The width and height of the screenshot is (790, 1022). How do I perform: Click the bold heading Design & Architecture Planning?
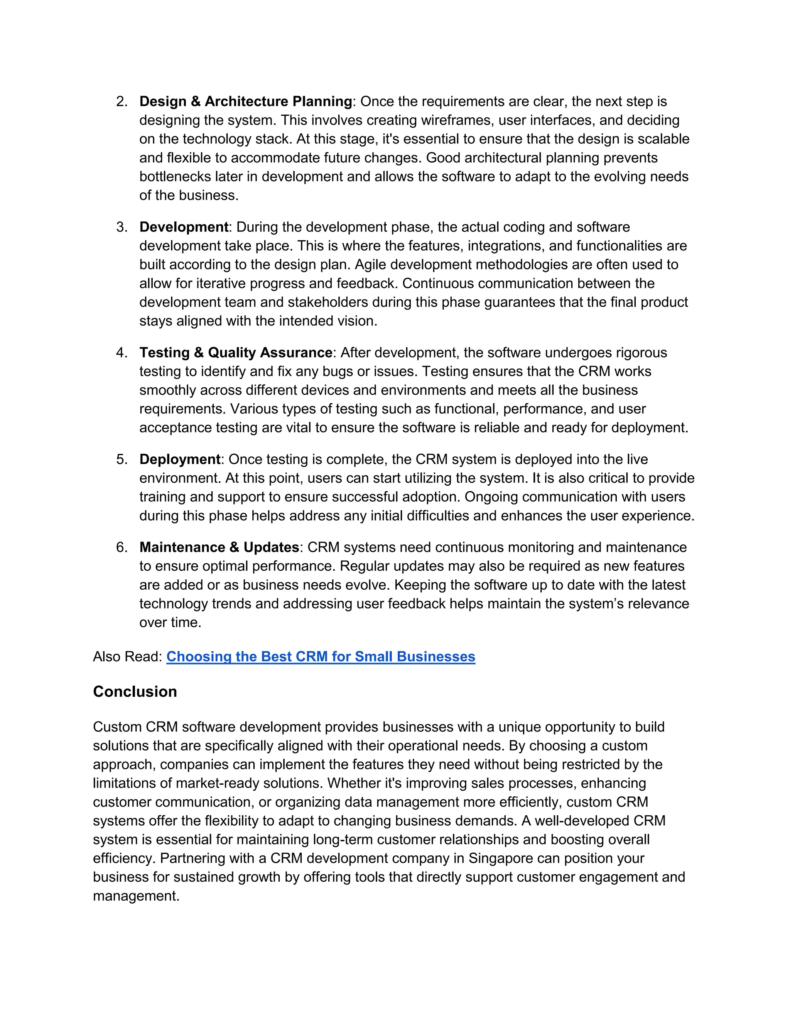246,101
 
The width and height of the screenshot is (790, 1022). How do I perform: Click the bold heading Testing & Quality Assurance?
236,352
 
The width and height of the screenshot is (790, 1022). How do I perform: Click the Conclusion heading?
135,691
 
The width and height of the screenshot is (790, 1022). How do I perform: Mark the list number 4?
122,352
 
